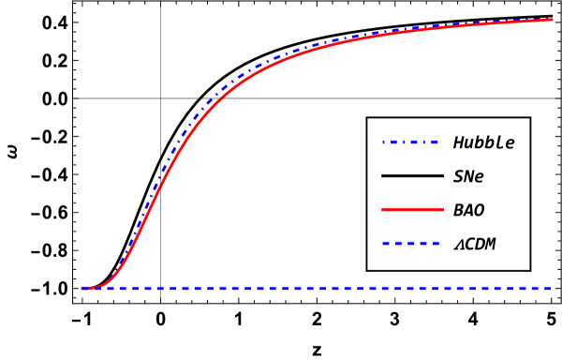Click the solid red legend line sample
pyautogui.click(x=412, y=209)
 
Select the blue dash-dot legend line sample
pyautogui.click(x=409, y=142)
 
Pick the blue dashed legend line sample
pyautogui.click(x=411, y=243)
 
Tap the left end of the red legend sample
pyautogui.click(x=382, y=209)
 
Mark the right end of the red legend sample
pyautogui.click(x=443, y=209)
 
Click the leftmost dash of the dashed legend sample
pyautogui.click(x=386, y=243)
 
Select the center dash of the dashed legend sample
pyautogui.click(x=411, y=243)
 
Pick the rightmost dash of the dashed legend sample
pyautogui.click(x=436, y=243)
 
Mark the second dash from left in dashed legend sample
pyautogui.click(x=398, y=243)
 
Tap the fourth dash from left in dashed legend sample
pyautogui.click(x=423, y=243)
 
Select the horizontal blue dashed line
pyautogui.click(x=328, y=288)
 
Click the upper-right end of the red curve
pyautogui.click(x=552, y=19)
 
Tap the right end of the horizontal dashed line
pyautogui.click(x=549, y=288)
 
